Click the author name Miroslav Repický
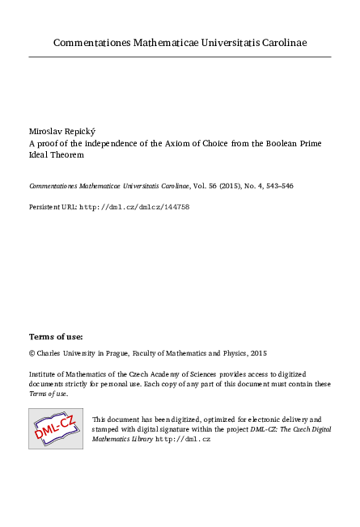pos(62,129)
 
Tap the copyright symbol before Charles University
pos(32,353)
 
